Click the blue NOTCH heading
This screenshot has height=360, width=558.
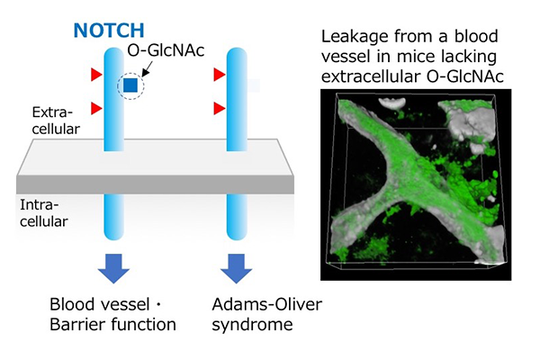coord(109,31)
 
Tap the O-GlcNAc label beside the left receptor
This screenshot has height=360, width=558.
coord(166,50)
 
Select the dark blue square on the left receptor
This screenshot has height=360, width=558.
coord(130,85)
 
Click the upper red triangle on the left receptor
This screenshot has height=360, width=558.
coord(96,75)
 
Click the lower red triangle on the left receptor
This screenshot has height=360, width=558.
coord(96,108)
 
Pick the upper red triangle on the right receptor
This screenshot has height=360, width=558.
coord(220,75)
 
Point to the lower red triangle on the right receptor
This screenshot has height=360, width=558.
coord(220,108)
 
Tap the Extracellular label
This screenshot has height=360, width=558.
coord(56,121)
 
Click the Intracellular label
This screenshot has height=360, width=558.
coord(44,213)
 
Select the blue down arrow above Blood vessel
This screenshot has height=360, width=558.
coord(113,268)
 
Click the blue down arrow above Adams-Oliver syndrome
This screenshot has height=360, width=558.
coord(237,268)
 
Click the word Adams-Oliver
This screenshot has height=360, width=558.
coord(267,304)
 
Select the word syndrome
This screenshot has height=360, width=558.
coord(252,325)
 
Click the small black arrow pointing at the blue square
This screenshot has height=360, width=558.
coord(147,69)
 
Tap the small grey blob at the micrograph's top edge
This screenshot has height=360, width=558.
coord(391,103)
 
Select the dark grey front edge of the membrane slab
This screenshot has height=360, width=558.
coord(155,184)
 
